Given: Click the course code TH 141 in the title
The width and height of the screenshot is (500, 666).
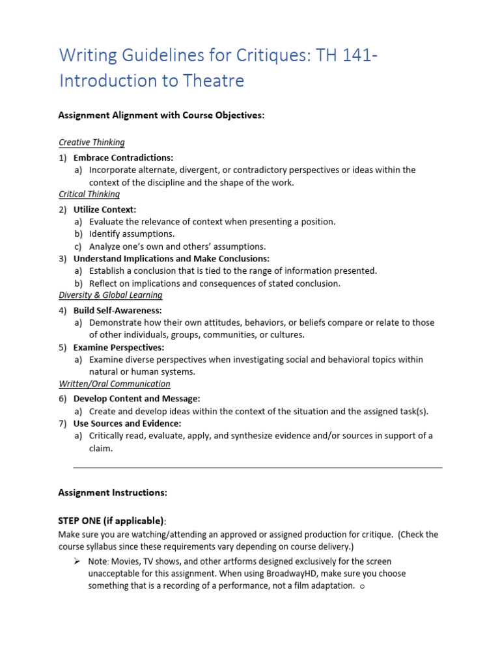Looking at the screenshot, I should tap(344, 56).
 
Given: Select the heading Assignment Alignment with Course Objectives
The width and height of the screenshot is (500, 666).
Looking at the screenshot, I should tap(161, 115).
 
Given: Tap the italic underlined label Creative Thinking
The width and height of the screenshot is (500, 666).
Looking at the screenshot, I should tap(92, 142).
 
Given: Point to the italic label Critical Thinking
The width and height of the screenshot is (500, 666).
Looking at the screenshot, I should tap(89, 194).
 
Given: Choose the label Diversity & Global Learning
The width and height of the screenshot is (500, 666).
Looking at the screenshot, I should tap(111, 295).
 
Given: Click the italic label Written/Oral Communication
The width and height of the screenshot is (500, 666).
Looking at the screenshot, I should tap(115, 384).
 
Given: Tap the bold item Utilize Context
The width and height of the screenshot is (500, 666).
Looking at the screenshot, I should tap(105, 209).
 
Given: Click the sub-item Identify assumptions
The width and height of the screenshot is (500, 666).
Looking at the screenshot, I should tap(132, 233).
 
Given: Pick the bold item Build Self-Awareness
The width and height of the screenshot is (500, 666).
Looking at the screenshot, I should tap(118, 310).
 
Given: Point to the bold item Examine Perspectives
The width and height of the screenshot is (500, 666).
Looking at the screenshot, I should tap(118, 347).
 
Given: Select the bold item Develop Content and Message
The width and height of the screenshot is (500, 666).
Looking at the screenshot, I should tap(137, 398).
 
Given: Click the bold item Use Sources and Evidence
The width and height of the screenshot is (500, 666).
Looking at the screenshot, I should tap(127, 423).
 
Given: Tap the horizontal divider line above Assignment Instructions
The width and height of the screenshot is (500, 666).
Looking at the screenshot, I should tap(257, 467).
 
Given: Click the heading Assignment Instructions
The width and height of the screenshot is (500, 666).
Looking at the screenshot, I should tap(113, 492).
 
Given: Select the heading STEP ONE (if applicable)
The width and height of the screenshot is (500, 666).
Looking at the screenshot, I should tap(111, 520).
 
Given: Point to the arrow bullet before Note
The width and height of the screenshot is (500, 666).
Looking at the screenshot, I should tap(76, 561).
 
